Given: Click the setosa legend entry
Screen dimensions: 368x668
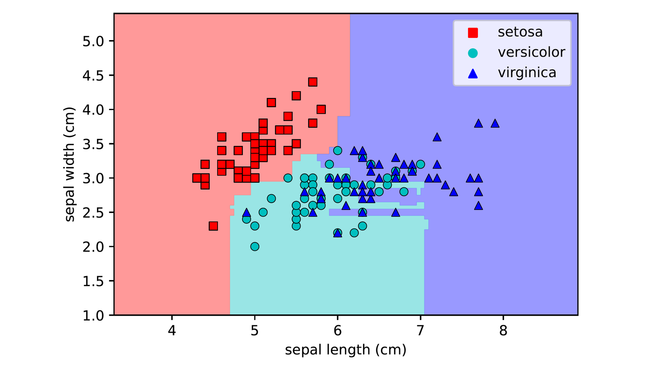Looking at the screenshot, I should point(520,32).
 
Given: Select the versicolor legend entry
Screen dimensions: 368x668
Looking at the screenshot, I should point(531,52).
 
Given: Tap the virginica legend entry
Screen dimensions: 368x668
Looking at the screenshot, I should point(527,72).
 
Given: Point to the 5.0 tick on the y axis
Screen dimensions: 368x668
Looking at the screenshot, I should point(93,41).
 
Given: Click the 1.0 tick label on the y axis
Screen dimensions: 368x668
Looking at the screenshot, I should point(93,315).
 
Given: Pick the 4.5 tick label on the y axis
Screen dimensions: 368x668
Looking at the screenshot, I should point(93,76).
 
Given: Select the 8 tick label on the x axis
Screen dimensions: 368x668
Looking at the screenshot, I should point(503,331).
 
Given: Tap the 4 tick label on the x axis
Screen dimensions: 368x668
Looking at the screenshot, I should point(172,331).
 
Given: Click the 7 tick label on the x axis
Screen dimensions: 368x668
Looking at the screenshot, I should point(420,331).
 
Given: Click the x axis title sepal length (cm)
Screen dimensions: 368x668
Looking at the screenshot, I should point(345,350).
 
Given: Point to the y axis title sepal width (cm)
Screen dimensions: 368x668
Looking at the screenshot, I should point(70,165).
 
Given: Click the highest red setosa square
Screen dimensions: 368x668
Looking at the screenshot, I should point(313,82).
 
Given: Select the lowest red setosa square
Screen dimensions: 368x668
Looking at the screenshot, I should point(213,226).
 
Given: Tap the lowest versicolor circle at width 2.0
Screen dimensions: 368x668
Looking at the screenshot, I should point(255,246).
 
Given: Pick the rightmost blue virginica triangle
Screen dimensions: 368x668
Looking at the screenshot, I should point(495,124).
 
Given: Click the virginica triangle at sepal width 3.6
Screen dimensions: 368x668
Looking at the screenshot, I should point(437,137).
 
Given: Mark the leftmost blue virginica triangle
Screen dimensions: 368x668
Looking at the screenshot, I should point(247,213).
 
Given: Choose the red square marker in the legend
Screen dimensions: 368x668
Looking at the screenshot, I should point(473,33).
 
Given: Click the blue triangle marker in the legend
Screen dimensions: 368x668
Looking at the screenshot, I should point(473,73).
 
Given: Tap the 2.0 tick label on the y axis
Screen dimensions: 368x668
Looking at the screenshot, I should point(93,247).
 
